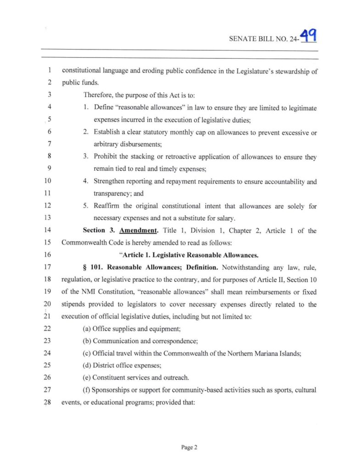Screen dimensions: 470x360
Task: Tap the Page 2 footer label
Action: pyautogui.click(x=189, y=448)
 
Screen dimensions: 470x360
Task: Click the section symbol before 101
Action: pyautogui.click(x=85, y=266)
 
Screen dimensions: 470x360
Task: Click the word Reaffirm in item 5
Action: pyautogui.click(x=108, y=206)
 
